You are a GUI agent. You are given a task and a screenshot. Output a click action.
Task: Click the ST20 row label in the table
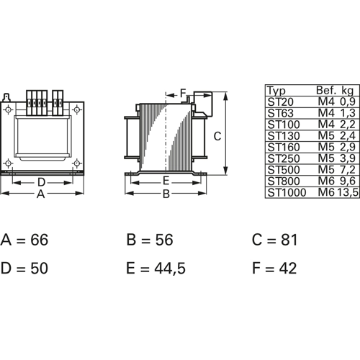(x=280, y=102)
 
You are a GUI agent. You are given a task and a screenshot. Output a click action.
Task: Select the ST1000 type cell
(x=287, y=192)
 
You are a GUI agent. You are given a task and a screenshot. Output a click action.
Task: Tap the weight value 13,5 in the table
(x=348, y=192)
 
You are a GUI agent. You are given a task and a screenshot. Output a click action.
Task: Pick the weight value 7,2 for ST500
(x=348, y=170)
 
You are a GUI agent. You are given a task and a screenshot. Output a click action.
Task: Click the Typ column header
(x=276, y=91)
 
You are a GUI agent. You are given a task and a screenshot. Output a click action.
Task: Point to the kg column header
(x=348, y=91)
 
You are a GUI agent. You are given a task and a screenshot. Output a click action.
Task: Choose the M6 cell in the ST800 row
(x=326, y=181)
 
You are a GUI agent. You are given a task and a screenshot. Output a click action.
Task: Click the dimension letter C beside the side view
(x=217, y=136)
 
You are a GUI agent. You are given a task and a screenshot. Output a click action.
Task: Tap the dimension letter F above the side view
(x=183, y=93)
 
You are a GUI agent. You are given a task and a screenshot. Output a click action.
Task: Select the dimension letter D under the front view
(x=41, y=182)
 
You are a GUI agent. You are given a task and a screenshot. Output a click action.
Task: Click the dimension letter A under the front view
(x=41, y=194)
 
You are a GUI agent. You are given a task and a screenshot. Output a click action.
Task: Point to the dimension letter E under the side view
(x=166, y=181)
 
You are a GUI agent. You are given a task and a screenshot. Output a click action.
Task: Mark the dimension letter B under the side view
(x=166, y=194)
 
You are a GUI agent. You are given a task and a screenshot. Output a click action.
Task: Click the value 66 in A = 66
(x=40, y=240)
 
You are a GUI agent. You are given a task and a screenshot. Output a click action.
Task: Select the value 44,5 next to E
(x=170, y=269)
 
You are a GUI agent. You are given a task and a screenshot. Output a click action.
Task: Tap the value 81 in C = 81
(x=289, y=240)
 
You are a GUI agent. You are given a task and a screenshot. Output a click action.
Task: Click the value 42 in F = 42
(x=288, y=268)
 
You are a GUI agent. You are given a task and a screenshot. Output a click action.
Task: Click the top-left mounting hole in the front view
(x=9, y=110)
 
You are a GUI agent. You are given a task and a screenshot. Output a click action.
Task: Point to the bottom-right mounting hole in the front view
(x=76, y=163)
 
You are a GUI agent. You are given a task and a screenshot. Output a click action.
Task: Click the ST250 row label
(x=284, y=158)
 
